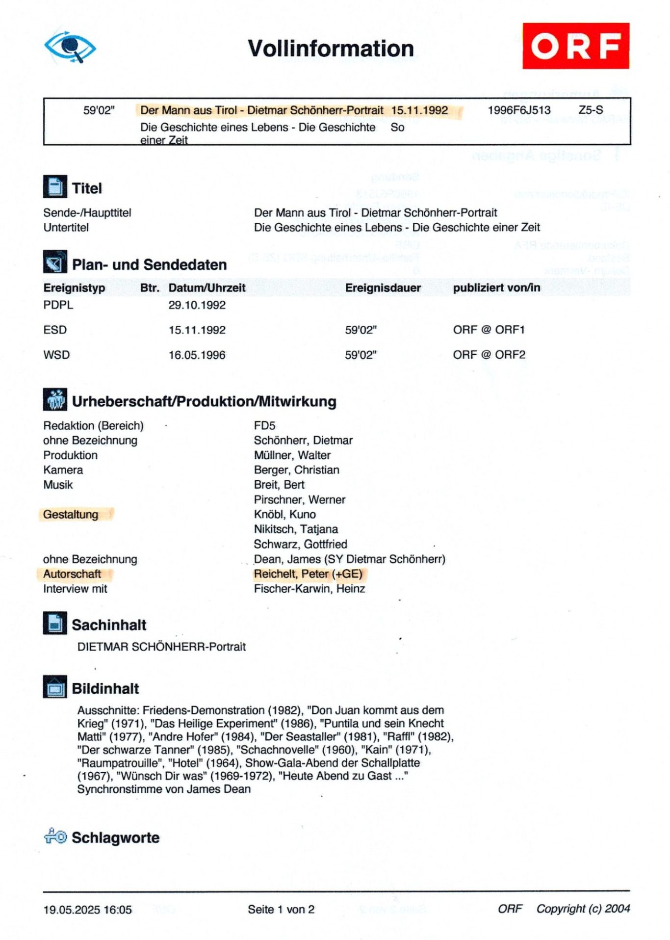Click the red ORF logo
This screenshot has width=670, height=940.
[x=575, y=46]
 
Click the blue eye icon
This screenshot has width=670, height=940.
[x=70, y=47]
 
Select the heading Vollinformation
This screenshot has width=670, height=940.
[x=331, y=49]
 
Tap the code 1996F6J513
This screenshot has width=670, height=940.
[x=519, y=110]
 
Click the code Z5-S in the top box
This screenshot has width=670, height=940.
[x=591, y=110]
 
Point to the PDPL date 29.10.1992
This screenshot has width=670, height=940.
[x=197, y=305]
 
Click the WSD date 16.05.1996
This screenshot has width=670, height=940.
[x=197, y=355]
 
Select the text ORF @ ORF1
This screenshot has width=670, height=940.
[x=489, y=330]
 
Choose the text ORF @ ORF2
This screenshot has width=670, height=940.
[x=489, y=355]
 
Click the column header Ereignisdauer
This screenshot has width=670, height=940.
[x=383, y=288]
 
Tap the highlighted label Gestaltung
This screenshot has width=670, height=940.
[x=71, y=515]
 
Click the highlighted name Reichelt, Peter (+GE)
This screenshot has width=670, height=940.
[x=308, y=574]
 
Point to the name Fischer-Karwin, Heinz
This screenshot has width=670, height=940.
[x=309, y=589]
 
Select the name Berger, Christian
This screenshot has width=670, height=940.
[x=296, y=470]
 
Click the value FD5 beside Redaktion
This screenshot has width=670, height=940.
[x=264, y=426]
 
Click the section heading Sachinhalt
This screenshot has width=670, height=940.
[x=109, y=625]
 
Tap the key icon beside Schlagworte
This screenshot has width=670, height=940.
[x=55, y=836]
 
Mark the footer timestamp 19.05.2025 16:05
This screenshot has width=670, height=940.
[x=87, y=910]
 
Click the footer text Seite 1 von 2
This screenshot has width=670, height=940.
[x=281, y=910]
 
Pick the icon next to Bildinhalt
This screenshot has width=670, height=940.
[x=55, y=687]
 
